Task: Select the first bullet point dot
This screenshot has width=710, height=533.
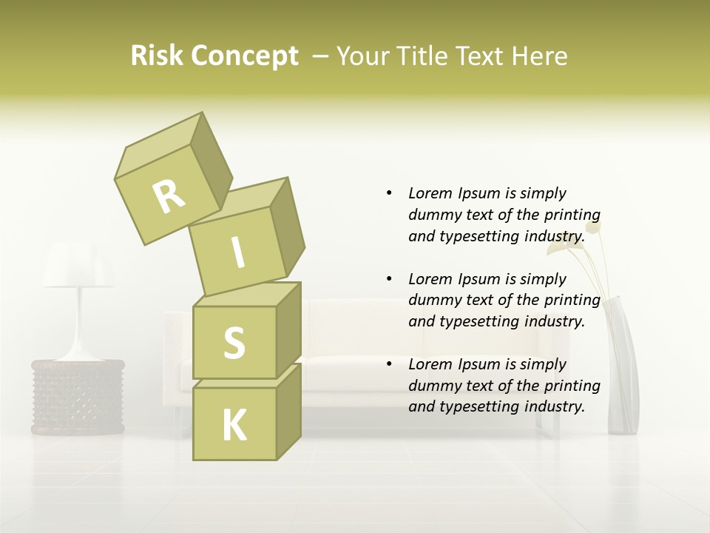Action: point(389,194)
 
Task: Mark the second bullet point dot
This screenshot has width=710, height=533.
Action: point(389,279)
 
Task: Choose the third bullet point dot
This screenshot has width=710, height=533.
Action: point(389,364)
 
